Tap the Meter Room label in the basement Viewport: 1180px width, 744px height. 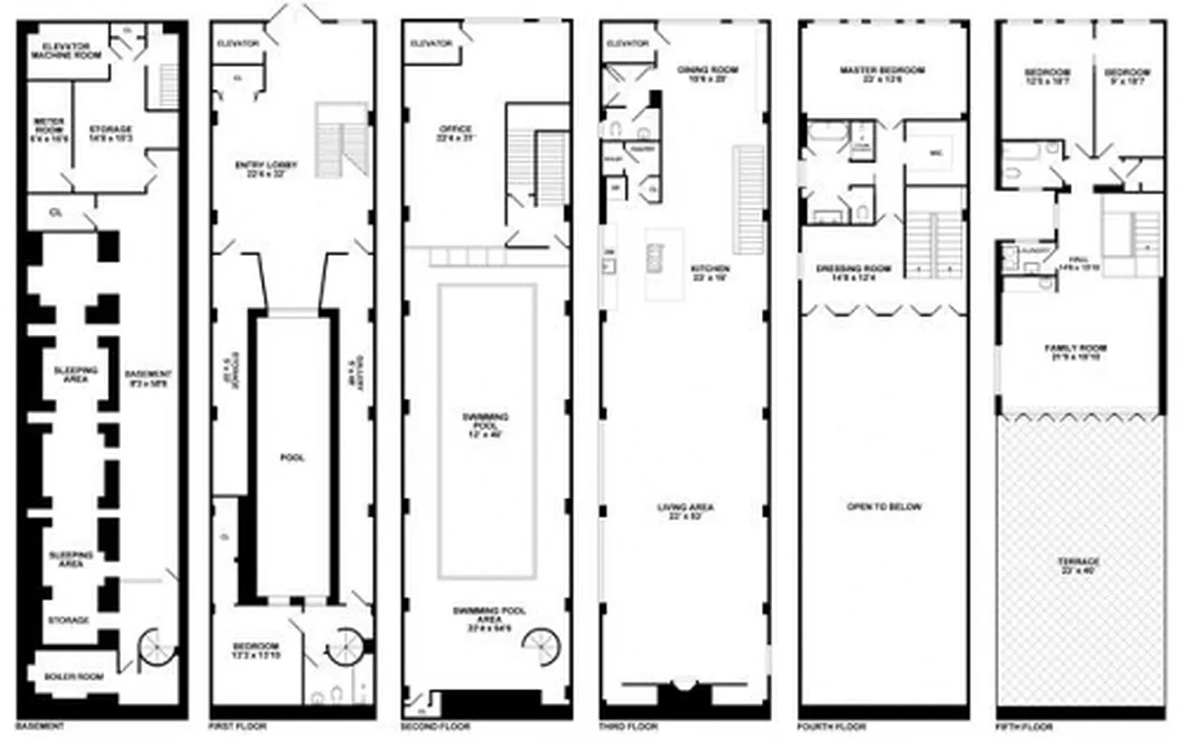[x=46, y=126]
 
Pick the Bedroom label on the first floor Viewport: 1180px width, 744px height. [x=256, y=651]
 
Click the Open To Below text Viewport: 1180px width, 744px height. [x=884, y=507]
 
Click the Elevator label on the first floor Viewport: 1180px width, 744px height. [x=238, y=44]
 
